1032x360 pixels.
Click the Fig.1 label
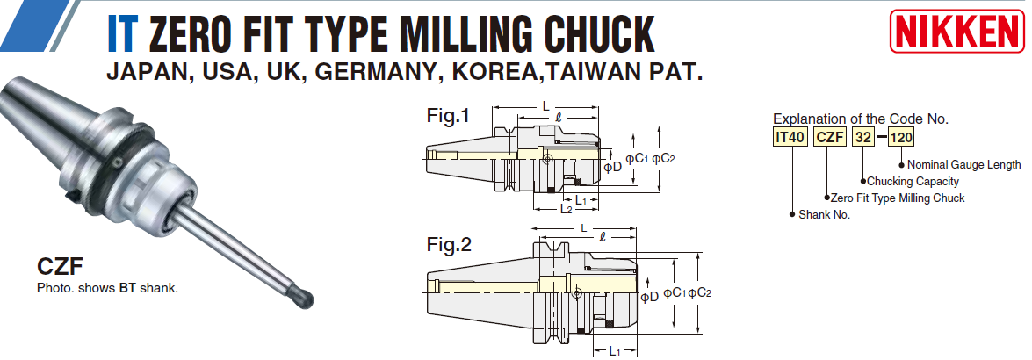point(448,115)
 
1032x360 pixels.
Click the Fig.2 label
point(448,245)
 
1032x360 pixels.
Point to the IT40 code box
point(790,137)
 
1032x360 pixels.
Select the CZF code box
point(830,137)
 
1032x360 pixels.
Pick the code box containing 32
point(864,137)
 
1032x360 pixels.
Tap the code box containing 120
point(902,137)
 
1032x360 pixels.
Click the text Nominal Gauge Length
point(963,164)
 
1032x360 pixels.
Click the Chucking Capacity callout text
point(914,181)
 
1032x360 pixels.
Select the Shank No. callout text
point(824,214)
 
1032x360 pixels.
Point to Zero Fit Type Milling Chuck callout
point(897,198)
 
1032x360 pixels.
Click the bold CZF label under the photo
point(60,266)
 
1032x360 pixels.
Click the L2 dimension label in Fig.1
point(567,209)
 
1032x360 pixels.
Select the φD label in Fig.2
point(649,297)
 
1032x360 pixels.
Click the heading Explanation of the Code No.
point(860,119)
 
